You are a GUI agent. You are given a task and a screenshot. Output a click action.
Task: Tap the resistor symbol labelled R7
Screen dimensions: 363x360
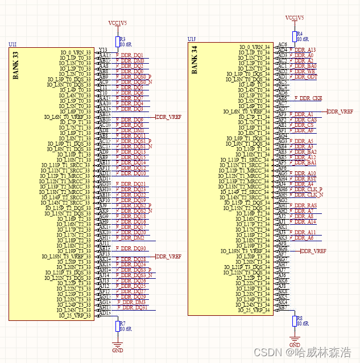[x=118, y=326]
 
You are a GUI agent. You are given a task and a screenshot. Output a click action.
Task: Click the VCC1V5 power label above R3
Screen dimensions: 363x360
[x=118, y=23]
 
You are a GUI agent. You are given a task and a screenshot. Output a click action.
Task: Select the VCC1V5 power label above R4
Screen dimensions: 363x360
[x=295, y=18]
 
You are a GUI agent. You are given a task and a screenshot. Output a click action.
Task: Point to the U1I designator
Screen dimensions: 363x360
[x=13, y=44]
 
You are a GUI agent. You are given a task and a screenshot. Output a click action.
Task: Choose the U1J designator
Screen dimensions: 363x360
[x=192, y=39]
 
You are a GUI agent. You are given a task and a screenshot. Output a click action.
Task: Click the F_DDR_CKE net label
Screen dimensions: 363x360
[x=308, y=98]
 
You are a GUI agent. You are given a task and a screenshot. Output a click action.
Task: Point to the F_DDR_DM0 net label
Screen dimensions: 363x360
[x=130, y=60]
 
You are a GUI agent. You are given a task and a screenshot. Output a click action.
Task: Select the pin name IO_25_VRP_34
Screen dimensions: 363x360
[x=254, y=311]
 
